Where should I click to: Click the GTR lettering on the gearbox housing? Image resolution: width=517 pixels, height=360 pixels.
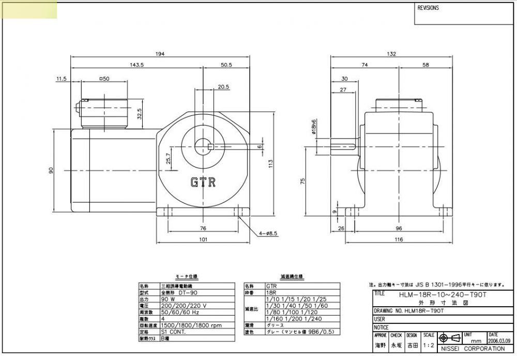pyautogui.click(x=203, y=182)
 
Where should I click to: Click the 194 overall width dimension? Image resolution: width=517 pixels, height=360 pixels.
pyautogui.click(x=160, y=54)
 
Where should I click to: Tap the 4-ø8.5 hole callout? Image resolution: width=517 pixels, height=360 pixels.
pyautogui.click(x=268, y=233)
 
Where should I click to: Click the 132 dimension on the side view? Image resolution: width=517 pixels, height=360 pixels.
pyautogui.click(x=391, y=54)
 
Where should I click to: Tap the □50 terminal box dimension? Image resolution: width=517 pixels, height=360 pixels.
pyautogui.click(x=104, y=79)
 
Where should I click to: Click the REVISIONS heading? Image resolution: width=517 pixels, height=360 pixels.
pyautogui.click(x=428, y=8)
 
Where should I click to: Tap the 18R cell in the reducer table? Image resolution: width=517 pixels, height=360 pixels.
pyautogui.click(x=271, y=292)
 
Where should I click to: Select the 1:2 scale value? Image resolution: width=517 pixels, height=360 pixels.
pyautogui.click(x=428, y=344)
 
